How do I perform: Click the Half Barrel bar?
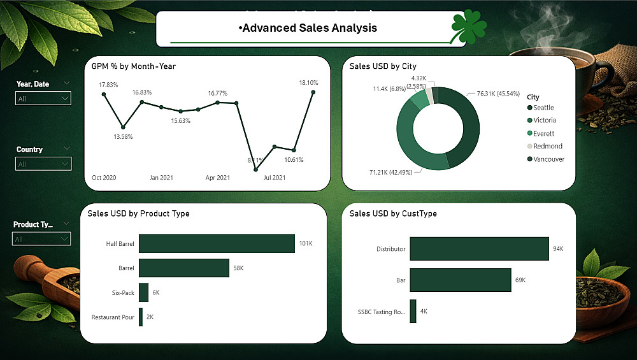click(x=217, y=243)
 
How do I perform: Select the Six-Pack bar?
click(x=143, y=292)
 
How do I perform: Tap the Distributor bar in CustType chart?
click(x=479, y=248)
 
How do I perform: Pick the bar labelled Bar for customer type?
click(x=461, y=280)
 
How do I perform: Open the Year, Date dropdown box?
click(x=43, y=99)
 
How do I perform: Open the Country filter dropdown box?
click(x=43, y=164)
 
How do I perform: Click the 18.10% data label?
click(x=308, y=83)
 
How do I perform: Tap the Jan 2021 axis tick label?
click(x=161, y=178)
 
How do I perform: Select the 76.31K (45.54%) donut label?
click(x=503, y=93)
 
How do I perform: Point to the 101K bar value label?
click(x=305, y=243)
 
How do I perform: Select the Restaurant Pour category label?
click(x=113, y=317)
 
